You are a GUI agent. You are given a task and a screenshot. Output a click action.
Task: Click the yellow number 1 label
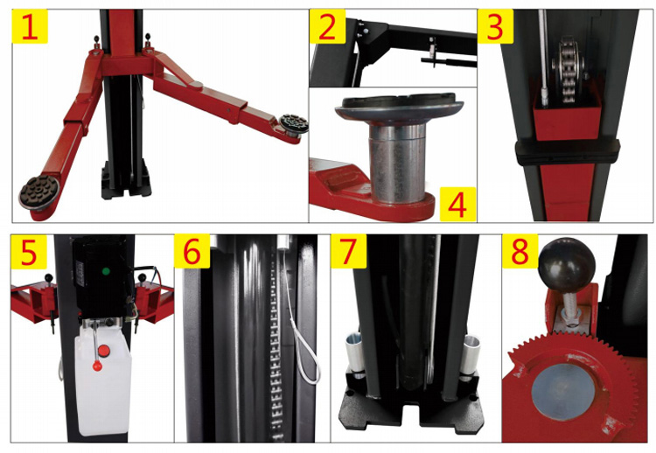(30, 26)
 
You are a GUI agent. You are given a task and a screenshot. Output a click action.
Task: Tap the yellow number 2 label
(327, 26)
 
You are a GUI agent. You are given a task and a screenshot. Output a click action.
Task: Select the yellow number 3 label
(495, 26)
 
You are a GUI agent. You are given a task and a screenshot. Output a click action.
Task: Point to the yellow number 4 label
(457, 204)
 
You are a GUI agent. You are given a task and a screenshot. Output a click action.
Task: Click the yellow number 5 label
(29, 252)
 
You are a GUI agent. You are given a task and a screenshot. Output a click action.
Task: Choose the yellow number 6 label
(192, 251)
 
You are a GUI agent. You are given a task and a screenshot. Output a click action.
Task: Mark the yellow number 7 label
(348, 251)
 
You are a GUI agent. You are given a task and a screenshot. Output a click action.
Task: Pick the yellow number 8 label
(520, 251)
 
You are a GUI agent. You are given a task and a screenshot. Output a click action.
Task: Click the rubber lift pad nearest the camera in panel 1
(40, 192)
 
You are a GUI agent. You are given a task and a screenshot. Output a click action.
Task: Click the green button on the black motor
(106, 271)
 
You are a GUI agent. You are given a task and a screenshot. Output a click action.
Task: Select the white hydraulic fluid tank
(103, 376)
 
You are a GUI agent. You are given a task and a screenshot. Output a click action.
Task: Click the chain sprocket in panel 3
(569, 70)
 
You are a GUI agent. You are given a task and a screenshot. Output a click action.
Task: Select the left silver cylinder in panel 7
(355, 352)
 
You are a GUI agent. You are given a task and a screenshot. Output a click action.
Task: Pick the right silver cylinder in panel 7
(471, 355)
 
